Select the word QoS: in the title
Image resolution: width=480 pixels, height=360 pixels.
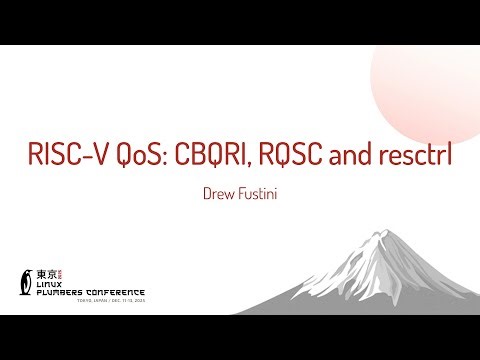141,156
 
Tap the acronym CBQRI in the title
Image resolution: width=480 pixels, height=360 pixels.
214,156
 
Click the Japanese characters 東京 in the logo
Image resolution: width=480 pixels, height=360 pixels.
46,272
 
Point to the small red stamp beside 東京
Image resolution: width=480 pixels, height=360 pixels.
63,272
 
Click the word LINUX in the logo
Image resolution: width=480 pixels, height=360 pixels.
49,283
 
